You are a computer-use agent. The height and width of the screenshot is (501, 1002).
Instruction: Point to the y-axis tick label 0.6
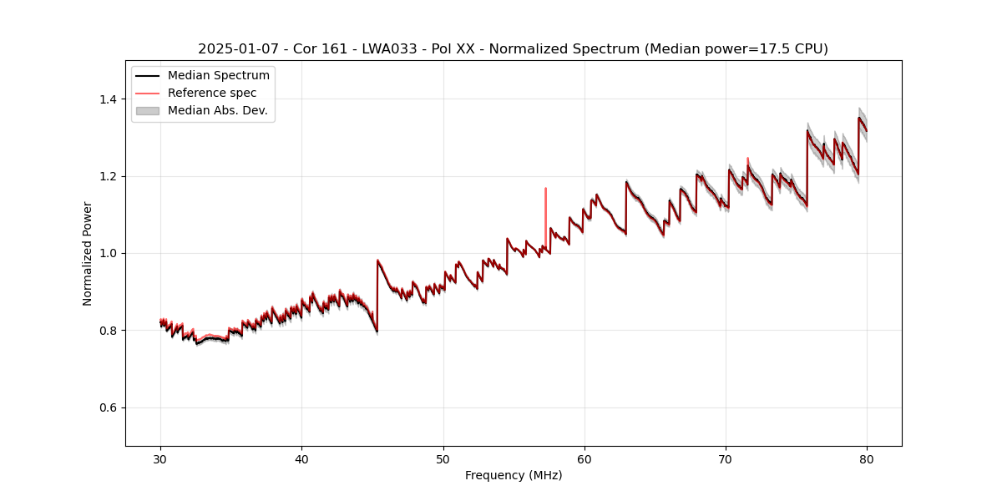click(108, 407)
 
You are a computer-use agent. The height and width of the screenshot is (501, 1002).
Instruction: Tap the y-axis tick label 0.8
click(108, 331)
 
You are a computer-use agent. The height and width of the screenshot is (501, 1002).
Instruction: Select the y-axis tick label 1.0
click(108, 253)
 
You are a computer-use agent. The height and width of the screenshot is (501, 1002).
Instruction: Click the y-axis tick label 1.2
click(108, 176)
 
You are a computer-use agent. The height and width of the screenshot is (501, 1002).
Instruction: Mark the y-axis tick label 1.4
click(108, 99)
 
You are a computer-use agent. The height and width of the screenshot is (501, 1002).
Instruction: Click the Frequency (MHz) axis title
click(514, 475)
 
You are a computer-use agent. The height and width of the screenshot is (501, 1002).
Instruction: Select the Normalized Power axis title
click(87, 253)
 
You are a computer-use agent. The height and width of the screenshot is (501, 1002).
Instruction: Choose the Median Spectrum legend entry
click(218, 76)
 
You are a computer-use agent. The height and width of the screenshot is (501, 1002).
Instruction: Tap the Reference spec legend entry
click(212, 93)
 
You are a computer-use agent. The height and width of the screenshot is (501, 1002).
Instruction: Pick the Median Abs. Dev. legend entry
click(217, 110)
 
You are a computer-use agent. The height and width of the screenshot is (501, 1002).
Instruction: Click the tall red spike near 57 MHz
click(545, 200)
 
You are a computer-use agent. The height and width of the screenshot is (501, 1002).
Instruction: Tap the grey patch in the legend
click(148, 110)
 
